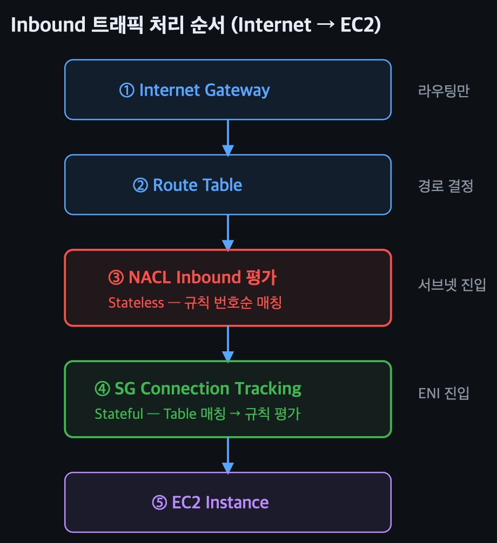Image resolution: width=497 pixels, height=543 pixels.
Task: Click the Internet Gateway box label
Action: tap(204, 90)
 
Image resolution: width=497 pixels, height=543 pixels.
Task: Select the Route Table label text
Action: tap(197, 185)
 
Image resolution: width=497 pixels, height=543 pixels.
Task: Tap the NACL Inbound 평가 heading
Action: tap(203, 277)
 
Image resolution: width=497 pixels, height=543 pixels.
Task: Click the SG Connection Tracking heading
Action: tap(208, 389)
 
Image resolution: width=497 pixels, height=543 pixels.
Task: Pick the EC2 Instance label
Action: tap(220, 503)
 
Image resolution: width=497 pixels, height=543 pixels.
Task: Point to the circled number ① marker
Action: tap(127, 90)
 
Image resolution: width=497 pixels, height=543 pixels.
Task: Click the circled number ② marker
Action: tap(140, 186)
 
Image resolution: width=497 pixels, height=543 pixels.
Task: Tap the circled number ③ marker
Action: tap(116, 278)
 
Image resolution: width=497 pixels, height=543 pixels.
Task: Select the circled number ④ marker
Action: tap(102, 389)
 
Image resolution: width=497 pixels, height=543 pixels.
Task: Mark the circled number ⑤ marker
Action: tap(159, 503)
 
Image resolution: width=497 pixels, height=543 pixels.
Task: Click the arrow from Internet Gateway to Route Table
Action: tap(228, 137)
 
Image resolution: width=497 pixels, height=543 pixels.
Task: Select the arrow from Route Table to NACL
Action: tap(228, 232)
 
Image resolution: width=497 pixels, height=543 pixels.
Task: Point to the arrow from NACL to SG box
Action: tap(228, 343)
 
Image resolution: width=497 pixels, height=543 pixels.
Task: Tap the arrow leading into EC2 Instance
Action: tap(228, 455)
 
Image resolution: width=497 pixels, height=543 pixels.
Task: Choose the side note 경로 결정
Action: tap(446, 187)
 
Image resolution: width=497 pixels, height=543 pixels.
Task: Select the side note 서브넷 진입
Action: tap(452, 284)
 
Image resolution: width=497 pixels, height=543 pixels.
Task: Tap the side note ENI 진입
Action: tap(444, 393)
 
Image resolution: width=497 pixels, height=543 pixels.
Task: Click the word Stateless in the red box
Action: tap(136, 302)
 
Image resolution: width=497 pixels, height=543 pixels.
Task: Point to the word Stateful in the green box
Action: tap(119, 414)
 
